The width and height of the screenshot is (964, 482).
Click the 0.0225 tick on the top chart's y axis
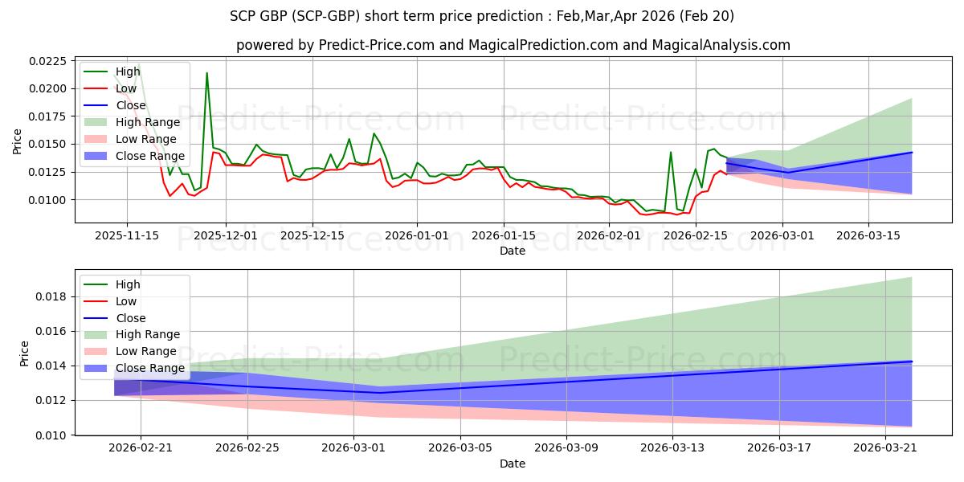click(x=47, y=61)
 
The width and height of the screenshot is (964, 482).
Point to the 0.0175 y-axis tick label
click(x=47, y=116)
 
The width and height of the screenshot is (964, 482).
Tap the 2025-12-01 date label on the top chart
click(x=226, y=236)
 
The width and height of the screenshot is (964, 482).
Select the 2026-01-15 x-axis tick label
click(x=504, y=236)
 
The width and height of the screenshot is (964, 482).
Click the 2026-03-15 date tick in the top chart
click(x=868, y=236)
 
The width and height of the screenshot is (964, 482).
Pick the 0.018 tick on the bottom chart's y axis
click(x=51, y=297)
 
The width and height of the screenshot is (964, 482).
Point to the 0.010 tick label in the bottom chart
click(x=51, y=435)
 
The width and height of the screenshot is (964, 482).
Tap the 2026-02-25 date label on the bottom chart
click(x=247, y=448)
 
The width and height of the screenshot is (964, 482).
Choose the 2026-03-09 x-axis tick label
click(x=566, y=448)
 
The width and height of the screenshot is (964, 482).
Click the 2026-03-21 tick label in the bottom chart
click(x=885, y=448)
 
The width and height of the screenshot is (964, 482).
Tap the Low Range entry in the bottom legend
click(x=130, y=351)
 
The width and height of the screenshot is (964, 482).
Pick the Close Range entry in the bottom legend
click(x=134, y=368)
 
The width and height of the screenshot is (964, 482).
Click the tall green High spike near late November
click(x=207, y=73)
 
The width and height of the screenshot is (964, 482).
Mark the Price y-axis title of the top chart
click(x=17, y=141)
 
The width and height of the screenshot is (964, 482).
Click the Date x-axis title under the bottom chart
click(x=513, y=464)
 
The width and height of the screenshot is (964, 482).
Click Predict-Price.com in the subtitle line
click(x=377, y=45)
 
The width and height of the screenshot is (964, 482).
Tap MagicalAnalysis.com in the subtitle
click(x=721, y=45)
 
